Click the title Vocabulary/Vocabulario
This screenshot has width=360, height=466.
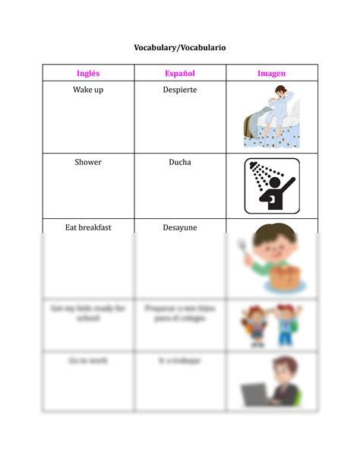tap(180, 48)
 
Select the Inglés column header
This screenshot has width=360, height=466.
tap(88, 74)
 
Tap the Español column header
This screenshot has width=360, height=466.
tap(180, 74)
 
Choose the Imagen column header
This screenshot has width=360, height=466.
tap(271, 74)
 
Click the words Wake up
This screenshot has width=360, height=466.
tap(88, 90)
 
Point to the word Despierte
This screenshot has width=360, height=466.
tap(180, 90)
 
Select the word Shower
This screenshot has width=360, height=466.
tap(88, 162)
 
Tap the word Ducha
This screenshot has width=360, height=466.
tap(180, 162)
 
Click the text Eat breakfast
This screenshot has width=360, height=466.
tap(88, 227)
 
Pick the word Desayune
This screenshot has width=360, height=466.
tap(180, 227)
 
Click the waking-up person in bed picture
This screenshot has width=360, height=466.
tap(272, 116)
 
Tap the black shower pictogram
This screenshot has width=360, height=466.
tap(272, 185)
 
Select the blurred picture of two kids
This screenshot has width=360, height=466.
tap(271, 325)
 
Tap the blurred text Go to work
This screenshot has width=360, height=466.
tap(88, 360)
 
